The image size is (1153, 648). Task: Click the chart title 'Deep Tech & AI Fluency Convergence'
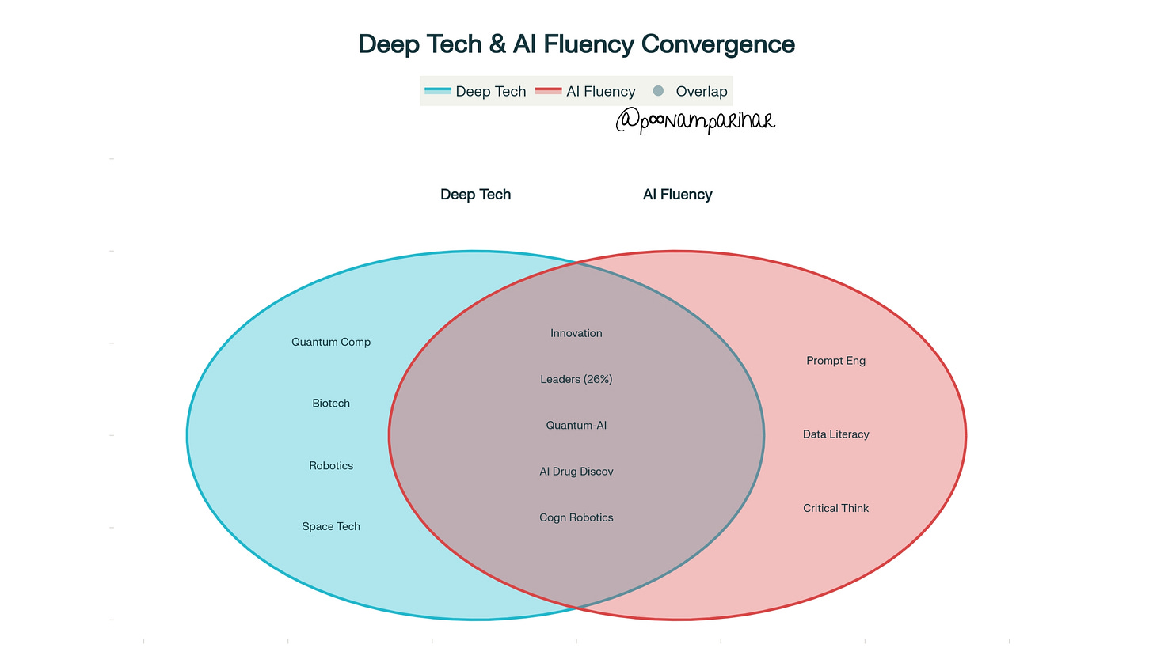[x=576, y=44]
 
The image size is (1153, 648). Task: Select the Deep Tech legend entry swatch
[x=438, y=91]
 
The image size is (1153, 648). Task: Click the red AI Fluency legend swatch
[x=549, y=91]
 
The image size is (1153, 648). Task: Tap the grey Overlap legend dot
[x=658, y=91]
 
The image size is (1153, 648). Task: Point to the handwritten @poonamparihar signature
[x=694, y=120]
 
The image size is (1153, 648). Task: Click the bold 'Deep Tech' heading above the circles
[x=475, y=195]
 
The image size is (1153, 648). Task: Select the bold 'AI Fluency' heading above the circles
[x=677, y=195]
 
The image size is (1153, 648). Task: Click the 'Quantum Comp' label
[x=331, y=342]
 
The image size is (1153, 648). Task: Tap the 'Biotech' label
[x=331, y=404]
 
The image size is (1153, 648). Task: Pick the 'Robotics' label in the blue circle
[x=331, y=466]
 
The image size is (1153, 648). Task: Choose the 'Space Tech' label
[x=331, y=526]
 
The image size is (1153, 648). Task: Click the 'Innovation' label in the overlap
[x=576, y=333]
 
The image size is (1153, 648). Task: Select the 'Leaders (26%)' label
[x=576, y=379]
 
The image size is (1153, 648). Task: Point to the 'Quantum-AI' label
[x=576, y=425]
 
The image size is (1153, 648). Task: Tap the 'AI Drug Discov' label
[x=576, y=472]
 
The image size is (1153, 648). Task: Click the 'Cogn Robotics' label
[x=576, y=517]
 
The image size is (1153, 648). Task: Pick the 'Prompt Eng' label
[x=835, y=361]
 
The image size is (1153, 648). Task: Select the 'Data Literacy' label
[x=835, y=434]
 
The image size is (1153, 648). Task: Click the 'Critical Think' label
[x=835, y=508]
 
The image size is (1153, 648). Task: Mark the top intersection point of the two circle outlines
[x=576, y=263]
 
